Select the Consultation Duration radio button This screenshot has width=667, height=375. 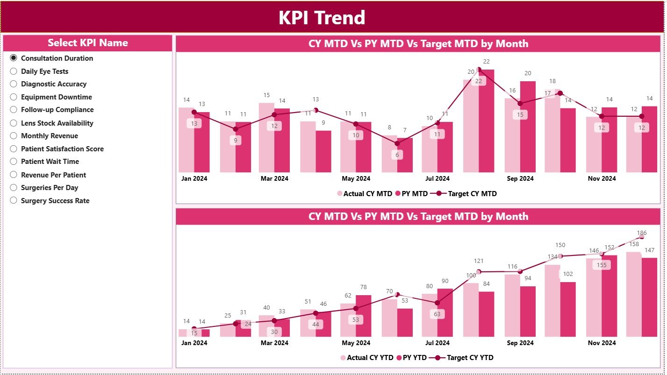pos(14,58)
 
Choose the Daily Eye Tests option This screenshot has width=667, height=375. pos(14,71)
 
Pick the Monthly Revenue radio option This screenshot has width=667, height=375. pos(14,136)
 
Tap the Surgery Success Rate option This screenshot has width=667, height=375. pos(14,201)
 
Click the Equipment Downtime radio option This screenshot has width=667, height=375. pos(14,97)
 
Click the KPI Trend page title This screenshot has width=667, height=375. pos(322,18)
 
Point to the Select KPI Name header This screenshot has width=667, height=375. pos(87,43)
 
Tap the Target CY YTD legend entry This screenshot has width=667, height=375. pos(469,358)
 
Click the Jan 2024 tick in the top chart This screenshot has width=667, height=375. pos(194,178)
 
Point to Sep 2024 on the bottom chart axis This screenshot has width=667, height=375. pos(520,343)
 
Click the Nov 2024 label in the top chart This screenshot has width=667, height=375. pos(601,178)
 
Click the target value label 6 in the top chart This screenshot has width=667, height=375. pos(397,155)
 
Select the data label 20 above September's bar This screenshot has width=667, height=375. pos(528,73)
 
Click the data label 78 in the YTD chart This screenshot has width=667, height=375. pos(363,287)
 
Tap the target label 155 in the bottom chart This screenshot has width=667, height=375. pos(601,265)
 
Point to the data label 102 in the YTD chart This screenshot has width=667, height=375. pos(568,274)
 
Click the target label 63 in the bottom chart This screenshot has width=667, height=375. pos(437,314)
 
